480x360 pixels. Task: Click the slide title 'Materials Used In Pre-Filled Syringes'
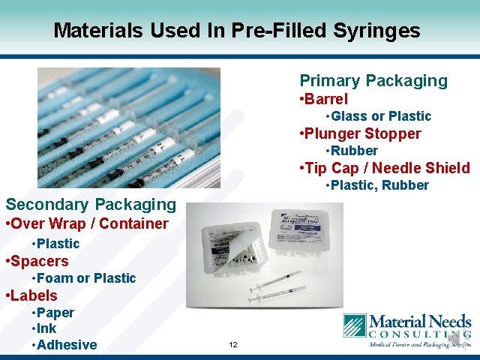pos(237,31)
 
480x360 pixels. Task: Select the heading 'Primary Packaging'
pos(373,80)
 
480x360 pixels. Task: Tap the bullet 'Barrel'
pos(325,99)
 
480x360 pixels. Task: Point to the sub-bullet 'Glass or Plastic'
pos(381,116)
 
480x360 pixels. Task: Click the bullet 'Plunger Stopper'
pos(361,133)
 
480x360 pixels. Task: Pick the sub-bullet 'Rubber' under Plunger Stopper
pos(354,151)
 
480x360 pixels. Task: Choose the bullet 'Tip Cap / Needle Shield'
pos(386,168)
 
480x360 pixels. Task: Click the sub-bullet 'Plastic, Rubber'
pos(379,185)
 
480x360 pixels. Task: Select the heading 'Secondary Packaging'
pos(91,204)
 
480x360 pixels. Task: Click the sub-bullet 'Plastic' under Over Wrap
pos(58,244)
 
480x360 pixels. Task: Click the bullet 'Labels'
pos(35,295)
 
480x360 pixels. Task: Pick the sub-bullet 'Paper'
pos(55,313)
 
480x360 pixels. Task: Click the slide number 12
pos(233,345)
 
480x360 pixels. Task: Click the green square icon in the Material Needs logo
pos(354,326)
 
